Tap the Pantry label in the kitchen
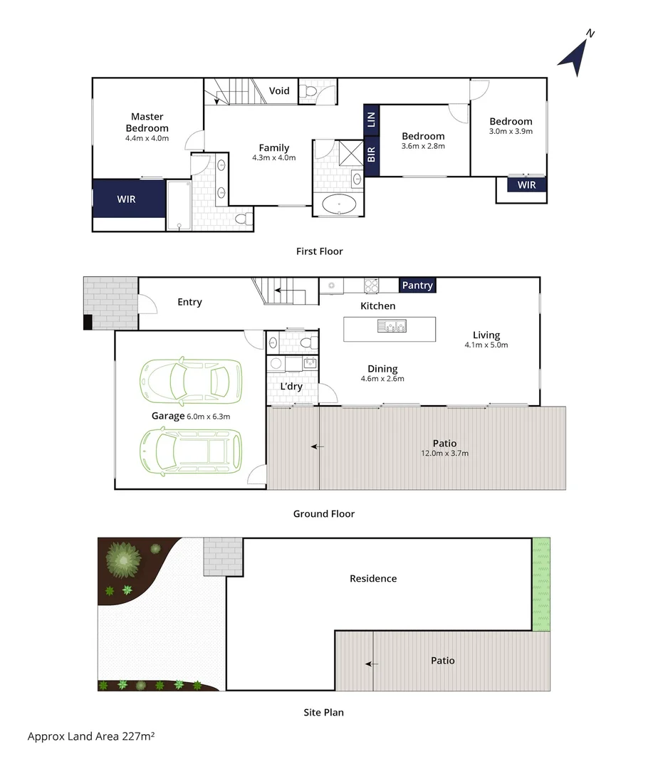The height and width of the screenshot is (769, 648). pyautogui.click(x=417, y=286)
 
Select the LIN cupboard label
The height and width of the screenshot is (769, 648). pyautogui.click(x=371, y=119)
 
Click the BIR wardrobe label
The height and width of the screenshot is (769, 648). pyautogui.click(x=371, y=155)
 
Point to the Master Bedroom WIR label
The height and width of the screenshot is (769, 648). pyautogui.click(x=127, y=199)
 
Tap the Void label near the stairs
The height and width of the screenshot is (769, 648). pyautogui.click(x=279, y=90)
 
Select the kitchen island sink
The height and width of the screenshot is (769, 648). pyautogui.click(x=392, y=327)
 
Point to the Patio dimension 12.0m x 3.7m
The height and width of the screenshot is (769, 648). pyautogui.click(x=444, y=453)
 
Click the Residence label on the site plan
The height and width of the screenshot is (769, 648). pyautogui.click(x=373, y=579)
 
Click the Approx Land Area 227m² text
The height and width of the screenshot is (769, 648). pyautogui.click(x=91, y=736)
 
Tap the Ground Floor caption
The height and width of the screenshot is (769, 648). pyautogui.click(x=323, y=513)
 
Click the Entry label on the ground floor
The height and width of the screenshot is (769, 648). pyautogui.click(x=189, y=302)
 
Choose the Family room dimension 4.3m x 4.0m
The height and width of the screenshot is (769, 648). pyautogui.click(x=273, y=158)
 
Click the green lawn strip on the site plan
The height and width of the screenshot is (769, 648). pyautogui.click(x=541, y=584)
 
